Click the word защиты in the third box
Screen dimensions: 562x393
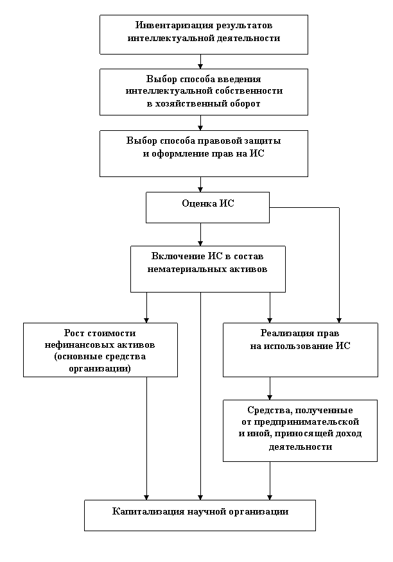(x=265, y=141)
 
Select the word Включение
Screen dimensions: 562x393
(x=173, y=257)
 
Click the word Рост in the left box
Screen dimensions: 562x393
(x=74, y=333)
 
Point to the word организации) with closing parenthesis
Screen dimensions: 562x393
(x=100, y=369)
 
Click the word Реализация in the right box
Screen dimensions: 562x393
(x=287, y=334)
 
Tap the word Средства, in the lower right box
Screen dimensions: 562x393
(x=266, y=410)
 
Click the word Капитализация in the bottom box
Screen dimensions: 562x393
(x=148, y=512)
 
